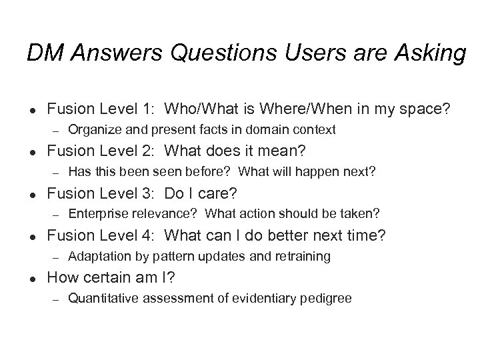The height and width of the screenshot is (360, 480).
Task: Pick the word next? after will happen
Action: click(x=359, y=172)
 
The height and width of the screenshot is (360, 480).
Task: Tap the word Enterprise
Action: click(x=95, y=214)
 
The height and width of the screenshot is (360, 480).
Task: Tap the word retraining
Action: click(x=305, y=257)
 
